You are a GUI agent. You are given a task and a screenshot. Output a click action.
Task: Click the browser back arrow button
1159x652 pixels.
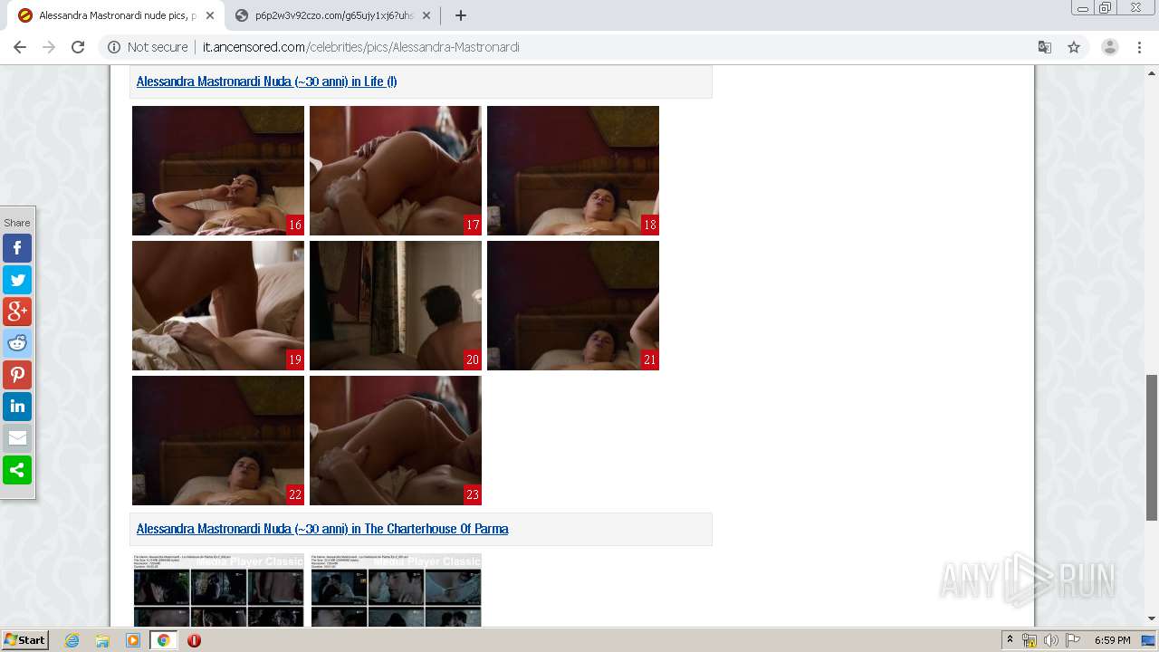(x=20, y=47)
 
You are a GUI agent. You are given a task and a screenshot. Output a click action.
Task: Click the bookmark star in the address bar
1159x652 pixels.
(x=1074, y=47)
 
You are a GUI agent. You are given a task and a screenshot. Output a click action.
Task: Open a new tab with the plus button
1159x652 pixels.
(x=461, y=15)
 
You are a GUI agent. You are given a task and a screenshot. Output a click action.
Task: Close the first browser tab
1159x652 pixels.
(x=210, y=15)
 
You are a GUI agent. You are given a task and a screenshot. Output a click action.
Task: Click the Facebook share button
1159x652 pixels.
(x=17, y=248)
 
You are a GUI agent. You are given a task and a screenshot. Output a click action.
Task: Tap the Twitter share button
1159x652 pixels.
(x=17, y=280)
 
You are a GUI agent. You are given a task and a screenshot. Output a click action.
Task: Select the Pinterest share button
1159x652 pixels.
(x=17, y=375)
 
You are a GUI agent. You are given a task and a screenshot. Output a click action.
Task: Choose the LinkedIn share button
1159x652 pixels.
(x=17, y=407)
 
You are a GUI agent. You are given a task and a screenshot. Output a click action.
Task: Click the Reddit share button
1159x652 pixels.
(x=17, y=343)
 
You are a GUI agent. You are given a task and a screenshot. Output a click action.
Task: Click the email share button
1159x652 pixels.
(x=17, y=438)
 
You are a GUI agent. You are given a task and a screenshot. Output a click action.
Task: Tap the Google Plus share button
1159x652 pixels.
(x=17, y=312)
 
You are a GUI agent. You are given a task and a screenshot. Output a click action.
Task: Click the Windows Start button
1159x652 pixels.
(x=24, y=640)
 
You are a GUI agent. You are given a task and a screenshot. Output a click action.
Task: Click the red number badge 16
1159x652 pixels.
(x=294, y=225)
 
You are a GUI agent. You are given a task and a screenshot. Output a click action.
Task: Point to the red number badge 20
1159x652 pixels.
(x=472, y=360)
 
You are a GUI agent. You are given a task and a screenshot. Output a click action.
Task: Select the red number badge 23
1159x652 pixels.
(x=472, y=494)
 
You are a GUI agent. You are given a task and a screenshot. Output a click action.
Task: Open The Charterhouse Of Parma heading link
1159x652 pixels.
(x=322, y=529)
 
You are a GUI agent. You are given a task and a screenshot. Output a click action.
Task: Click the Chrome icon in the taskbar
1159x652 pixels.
(x=164, y=640)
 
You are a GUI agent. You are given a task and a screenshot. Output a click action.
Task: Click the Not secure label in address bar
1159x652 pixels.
(x=157, y=47)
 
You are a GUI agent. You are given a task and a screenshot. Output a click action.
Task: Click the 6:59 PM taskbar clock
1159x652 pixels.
(x=1112, y=640)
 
